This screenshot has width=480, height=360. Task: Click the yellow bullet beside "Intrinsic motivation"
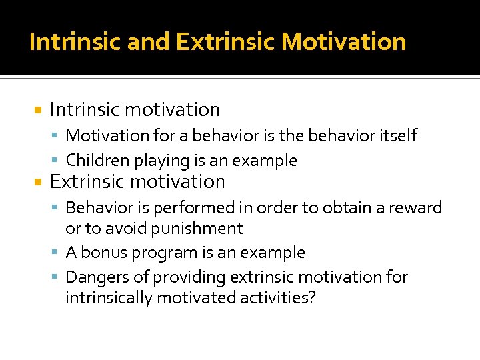[x=39, y=110]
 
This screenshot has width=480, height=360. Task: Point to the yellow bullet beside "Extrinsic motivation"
[x=39, y=182]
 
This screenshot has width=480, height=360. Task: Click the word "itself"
[x=398, y=135]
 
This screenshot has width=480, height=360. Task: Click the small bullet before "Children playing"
[x=58, y=161]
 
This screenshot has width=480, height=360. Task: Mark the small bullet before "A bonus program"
[x=58, y=253]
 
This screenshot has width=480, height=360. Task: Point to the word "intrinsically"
[x=109, y=297]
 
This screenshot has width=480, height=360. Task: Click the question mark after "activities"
[x=311, y=297]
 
